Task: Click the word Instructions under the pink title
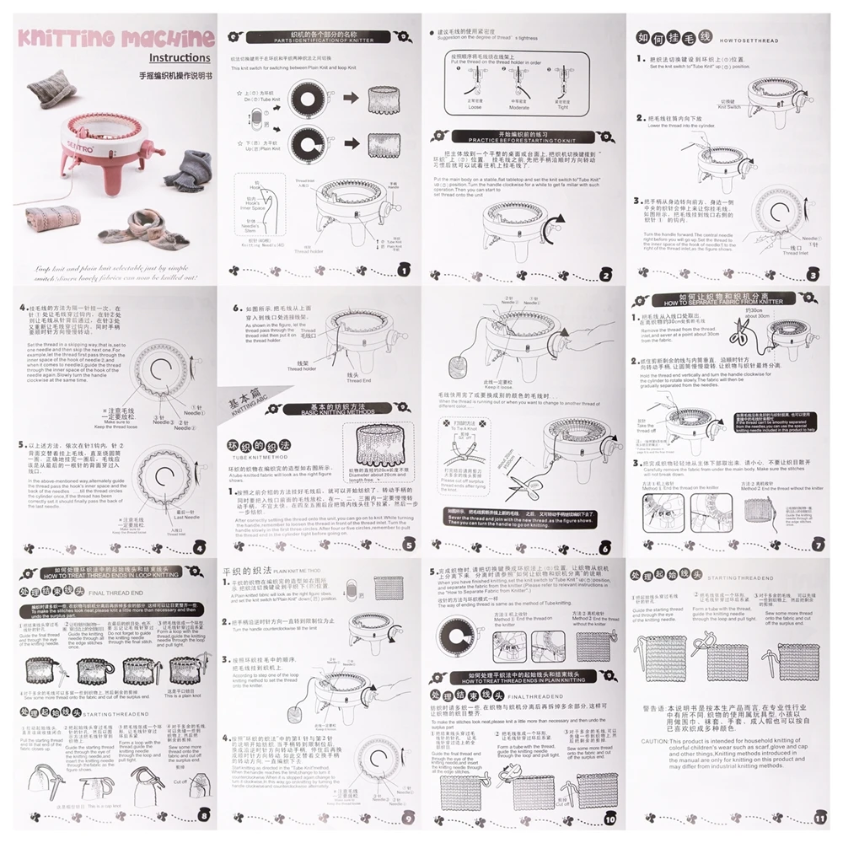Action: [x=180, y=58]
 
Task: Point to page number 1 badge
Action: [x=403, y=270]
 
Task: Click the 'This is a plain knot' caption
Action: [x=181, y=695]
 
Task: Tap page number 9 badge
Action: [x=408, y=816]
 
